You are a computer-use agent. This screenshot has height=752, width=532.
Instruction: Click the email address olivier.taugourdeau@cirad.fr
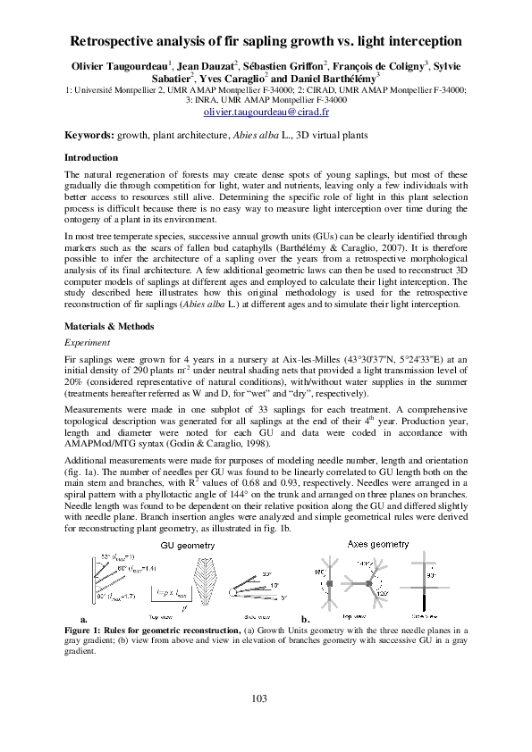click(266, 114)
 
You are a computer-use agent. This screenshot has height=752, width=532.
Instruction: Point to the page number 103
click(266, 698)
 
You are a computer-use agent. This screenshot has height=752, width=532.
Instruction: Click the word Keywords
click(89, 135)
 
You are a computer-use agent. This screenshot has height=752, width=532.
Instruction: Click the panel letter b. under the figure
click(305, 619)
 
